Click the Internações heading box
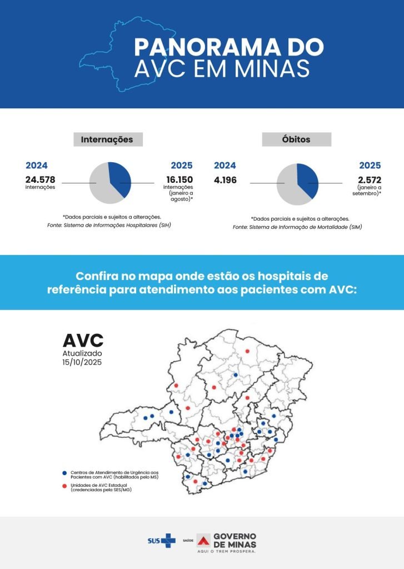(x=107, y=139)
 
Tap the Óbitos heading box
(x=296, y=139)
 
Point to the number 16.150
(x=179, y=179)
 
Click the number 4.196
(x=225, y=179)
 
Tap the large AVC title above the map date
(x=83, y=341)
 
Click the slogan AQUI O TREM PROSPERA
(x=227, y=552)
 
